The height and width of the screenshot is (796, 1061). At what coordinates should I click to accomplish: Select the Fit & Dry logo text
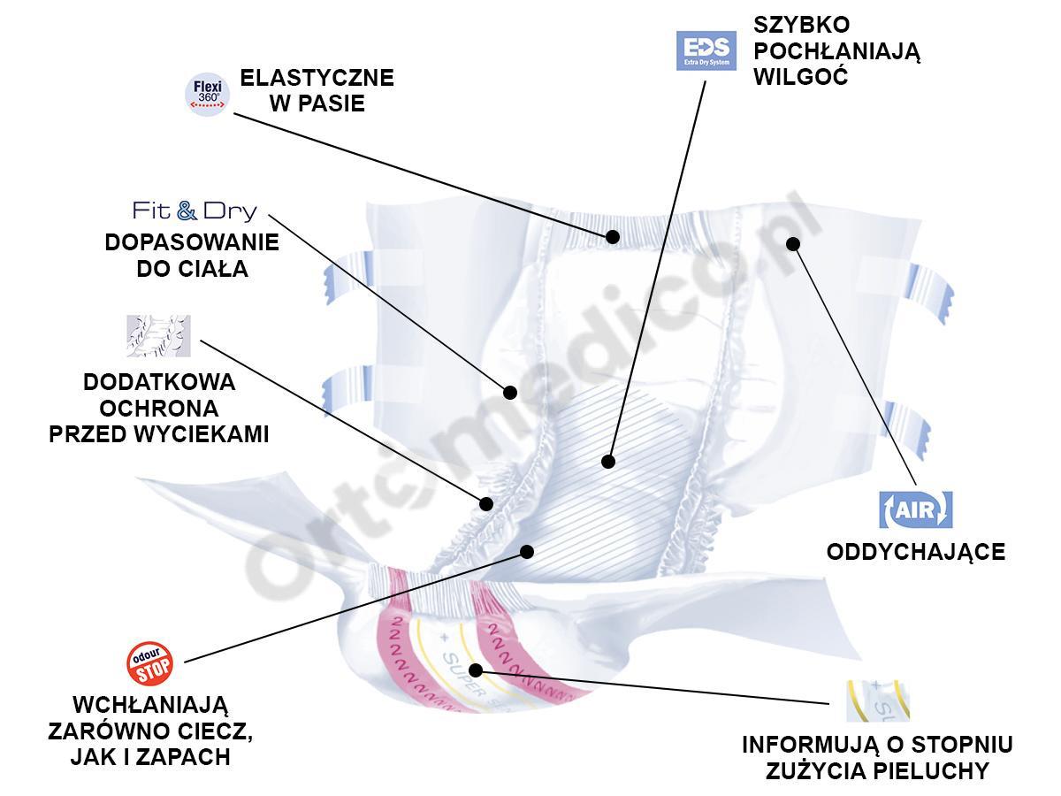click(195, 210)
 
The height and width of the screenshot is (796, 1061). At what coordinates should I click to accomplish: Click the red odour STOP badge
click(149, 664)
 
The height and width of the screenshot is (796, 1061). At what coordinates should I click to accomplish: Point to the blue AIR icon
click(915, 509)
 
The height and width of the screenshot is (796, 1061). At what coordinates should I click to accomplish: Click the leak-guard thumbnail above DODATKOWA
click(158, 336)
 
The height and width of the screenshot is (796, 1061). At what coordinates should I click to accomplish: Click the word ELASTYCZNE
click(317, 77)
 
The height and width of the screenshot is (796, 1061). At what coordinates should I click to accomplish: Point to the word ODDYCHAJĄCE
click(915, 552)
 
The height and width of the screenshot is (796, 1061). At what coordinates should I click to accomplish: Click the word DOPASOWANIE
click(192, 242)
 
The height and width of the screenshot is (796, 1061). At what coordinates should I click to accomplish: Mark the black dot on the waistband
click(612, 237)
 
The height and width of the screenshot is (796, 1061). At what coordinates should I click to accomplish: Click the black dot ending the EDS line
click(607, 461)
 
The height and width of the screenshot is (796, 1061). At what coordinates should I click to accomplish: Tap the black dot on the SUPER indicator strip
click(476, 670)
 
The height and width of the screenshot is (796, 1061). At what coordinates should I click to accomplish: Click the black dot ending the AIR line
click(792, 243)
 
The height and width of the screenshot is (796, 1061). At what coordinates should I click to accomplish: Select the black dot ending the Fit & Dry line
click(510, 392)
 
